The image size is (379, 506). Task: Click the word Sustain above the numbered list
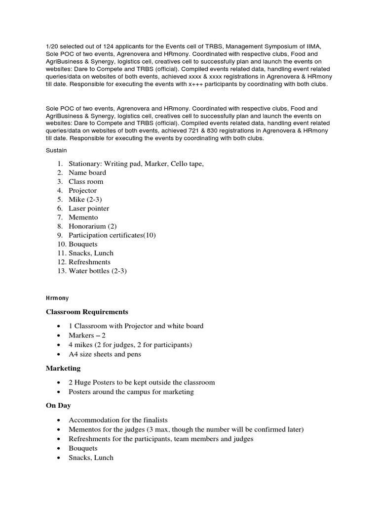(56, 150)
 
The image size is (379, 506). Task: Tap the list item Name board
(87, 172)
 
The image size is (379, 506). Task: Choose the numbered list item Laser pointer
(89, 209)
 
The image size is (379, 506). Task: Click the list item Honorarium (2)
(92, 226)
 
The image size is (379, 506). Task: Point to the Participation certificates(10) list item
(112, 235)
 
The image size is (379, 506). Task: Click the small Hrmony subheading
(57, 298)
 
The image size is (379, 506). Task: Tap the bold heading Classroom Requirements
(87, 312)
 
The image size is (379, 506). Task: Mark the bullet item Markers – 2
(87, 335)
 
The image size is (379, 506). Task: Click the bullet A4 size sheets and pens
(105, 354)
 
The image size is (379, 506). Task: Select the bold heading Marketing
(63, 368)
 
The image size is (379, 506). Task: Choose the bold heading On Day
(58, 405)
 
